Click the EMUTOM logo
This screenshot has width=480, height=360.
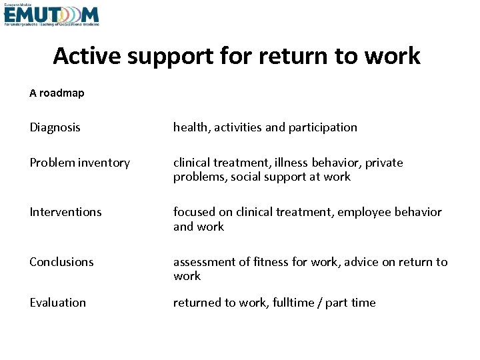point(51,15)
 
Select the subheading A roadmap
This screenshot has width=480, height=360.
point(57,93)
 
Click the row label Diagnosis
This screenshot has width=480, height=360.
point(55,127)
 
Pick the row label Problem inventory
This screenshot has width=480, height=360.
point(79,163)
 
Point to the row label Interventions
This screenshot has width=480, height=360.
point(65,212)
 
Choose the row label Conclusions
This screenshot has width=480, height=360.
point(61,262)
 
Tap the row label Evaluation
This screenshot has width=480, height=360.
point(57,303)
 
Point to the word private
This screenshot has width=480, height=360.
point(384,163)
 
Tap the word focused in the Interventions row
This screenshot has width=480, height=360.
point(194,212)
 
